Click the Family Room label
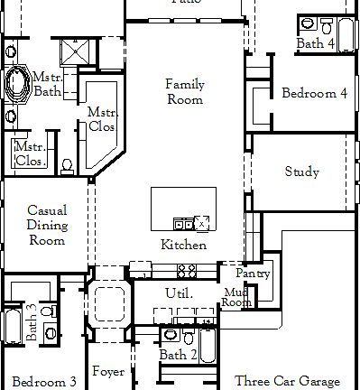tap(184, 91)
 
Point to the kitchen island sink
tap(182, 223)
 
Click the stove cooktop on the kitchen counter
tap(187, 269)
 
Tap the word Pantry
tap(253, 274)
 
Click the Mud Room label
tap(236, 297)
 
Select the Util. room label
tap(175, 293)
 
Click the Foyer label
tap(107, 372)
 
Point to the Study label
tap(301, 172)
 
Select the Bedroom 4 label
tap(313, 93)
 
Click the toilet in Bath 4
tap(308, 24)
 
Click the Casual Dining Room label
tap(46, 225)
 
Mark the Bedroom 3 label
tap(44, 382)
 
